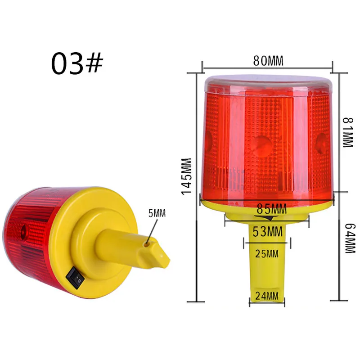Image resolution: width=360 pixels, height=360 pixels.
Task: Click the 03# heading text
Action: (77, 63)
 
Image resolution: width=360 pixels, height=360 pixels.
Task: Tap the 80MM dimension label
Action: (268, 61)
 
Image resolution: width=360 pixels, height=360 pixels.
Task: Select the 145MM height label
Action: (187, 176)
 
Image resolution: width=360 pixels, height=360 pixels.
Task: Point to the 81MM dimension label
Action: (347, 132)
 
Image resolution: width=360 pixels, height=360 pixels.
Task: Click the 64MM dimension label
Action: (350, 238)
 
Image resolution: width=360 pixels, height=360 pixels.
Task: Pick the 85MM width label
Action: (272, 209)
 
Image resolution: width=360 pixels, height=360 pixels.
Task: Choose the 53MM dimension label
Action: (267, 231)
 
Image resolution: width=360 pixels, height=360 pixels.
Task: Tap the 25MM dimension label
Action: (267, 254)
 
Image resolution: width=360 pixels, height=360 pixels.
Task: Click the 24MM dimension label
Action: (267, 296)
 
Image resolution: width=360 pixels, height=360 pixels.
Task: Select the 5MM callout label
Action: (157, 213)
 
